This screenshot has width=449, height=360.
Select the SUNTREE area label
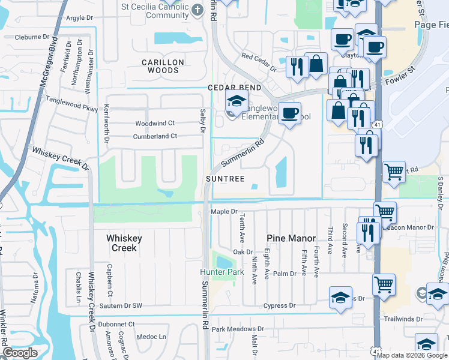pos(225,179)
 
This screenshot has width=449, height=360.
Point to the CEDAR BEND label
pos(234,88)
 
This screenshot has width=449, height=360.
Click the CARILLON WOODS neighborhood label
pos(160,66)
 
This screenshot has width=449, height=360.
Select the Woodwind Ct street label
pos(154,123)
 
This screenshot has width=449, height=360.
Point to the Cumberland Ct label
pos(155,136)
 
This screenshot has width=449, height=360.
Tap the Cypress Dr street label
pos(279,305)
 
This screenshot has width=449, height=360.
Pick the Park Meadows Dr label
pos(237,329)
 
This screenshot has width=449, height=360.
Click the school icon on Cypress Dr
pos(340,298)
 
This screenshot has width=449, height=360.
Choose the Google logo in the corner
pos(20,353)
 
